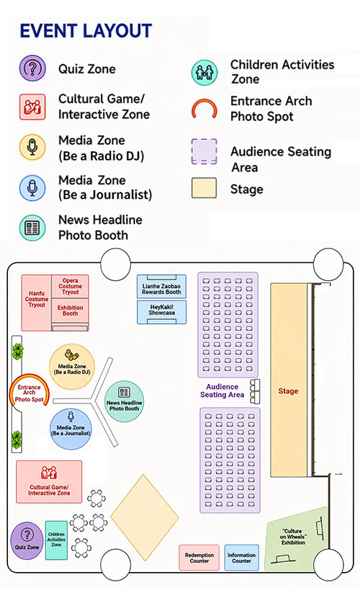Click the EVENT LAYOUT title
click(86, 31)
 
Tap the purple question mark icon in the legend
click(32, 68)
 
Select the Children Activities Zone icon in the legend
click(204, 72)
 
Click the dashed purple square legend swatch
click(204, 151)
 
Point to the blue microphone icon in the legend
click(32, 188)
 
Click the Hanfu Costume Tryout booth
click(37, 303)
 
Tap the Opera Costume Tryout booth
click(70, 286)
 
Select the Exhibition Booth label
click(71, 310)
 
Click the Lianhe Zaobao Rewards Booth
click(161, 286)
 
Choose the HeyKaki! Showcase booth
click(162, 312)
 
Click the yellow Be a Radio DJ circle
click(72, 367)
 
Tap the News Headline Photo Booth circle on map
click(124, 401)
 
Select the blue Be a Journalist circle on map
click(71, 429)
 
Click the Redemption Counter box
click(199, 558)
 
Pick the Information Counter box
click(241, 558)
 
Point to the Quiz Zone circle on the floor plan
click(27, 540)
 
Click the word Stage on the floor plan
click(288, 391)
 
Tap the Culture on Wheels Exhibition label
click(294, 537)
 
